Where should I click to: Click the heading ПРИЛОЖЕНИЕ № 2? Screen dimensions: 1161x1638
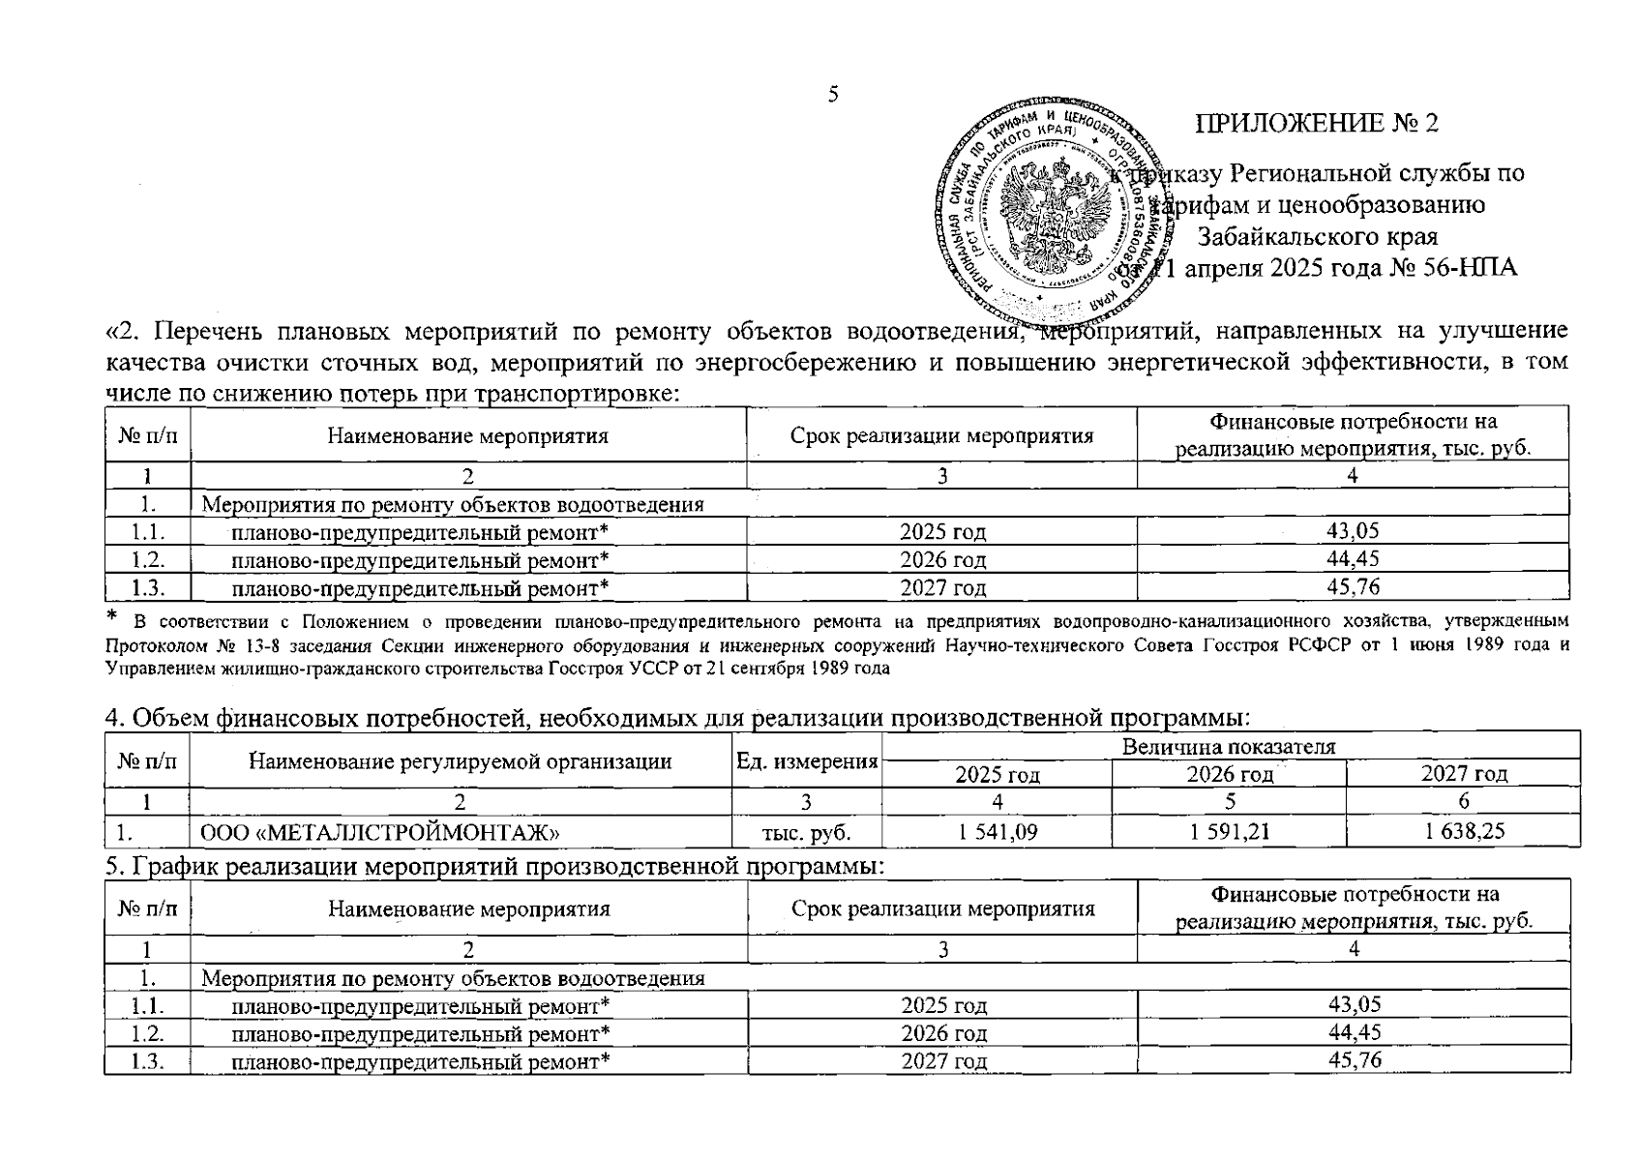coord(1317,124)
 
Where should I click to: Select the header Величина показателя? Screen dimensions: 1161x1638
coord(1230,746)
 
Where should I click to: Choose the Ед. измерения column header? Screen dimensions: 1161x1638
coord(807,761)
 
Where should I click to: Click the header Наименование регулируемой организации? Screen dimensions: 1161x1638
coord(461,761)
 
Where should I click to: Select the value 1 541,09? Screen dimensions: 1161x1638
coord(997,831)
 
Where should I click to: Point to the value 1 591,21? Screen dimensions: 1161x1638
coord(1229,831)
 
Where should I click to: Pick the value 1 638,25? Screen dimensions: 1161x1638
coord(1464,831)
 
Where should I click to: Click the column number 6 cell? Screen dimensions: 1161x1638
coord(1464,801)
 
